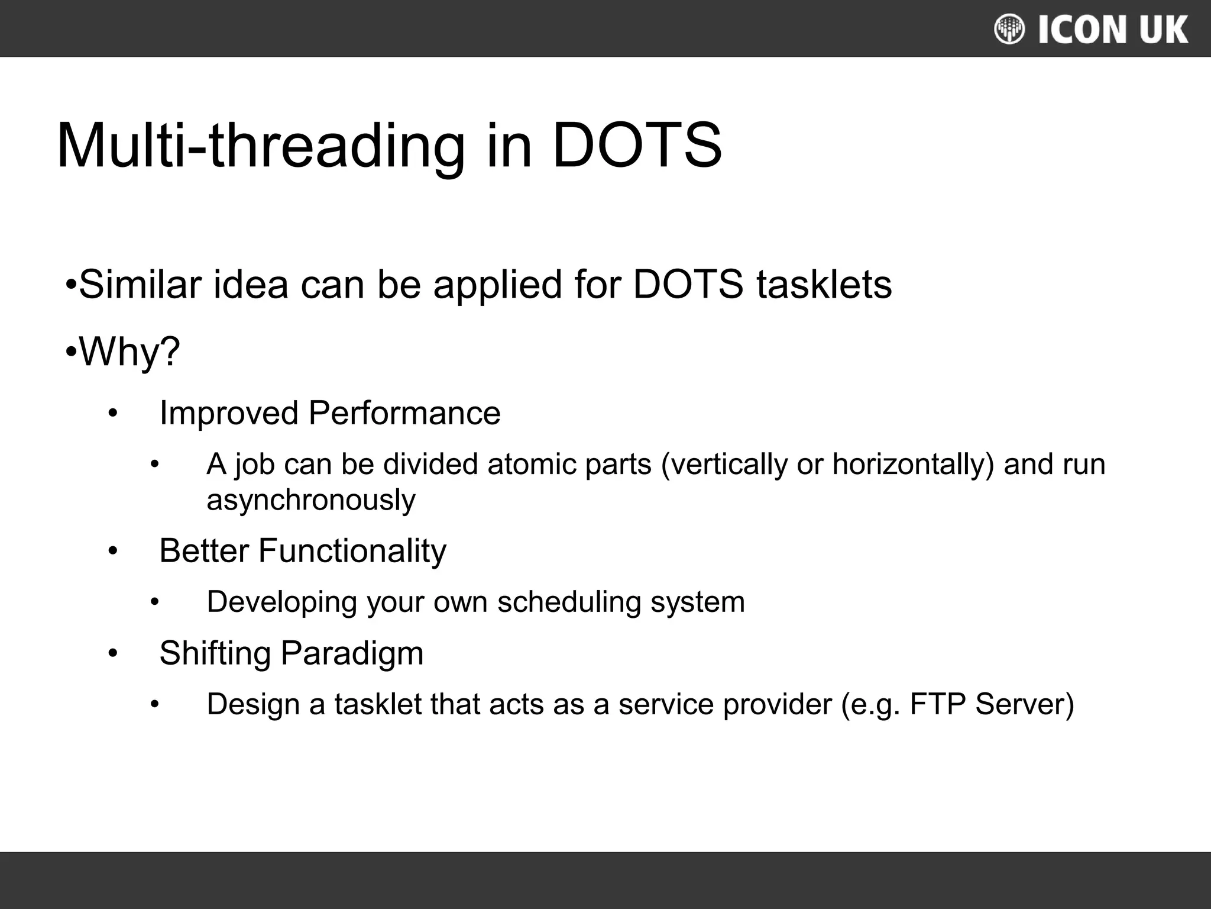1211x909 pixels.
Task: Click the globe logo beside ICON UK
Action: [x=1009, y=30]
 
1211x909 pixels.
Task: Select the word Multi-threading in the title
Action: [x=261, y=146]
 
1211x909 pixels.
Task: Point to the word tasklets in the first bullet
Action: [x=824, y=285]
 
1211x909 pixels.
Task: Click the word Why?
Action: [x=129, y=352]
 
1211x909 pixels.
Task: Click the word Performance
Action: [x=404, y=413]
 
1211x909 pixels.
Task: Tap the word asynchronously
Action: [x=311, y=500]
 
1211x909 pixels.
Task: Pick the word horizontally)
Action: [x=914, y=464]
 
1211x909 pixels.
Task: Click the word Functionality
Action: [x=352, y=551]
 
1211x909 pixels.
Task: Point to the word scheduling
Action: [x=569, y=602]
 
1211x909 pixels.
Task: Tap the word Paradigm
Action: [x=352, y=653]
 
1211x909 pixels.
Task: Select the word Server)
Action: [x=1024, y=704]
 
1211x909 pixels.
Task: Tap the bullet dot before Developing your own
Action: [x=155, y=603]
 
